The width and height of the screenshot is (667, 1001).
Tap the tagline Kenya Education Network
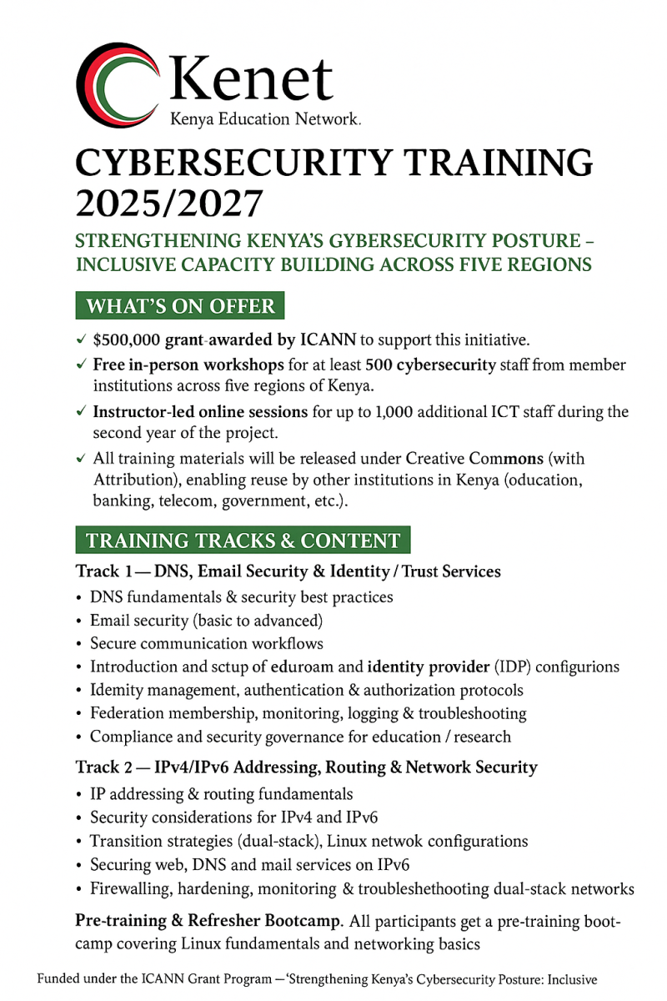click(x=265, y=119)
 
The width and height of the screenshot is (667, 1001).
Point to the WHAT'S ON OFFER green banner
click(x=180, y=306)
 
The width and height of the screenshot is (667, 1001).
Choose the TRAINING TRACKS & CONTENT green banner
click(x=243, y=541)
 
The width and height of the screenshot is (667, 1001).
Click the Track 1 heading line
click(x=288, y=571)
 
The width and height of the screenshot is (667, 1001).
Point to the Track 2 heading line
click(x=306, y=767)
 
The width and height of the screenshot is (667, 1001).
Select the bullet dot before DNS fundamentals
click(x=79, y=597)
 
